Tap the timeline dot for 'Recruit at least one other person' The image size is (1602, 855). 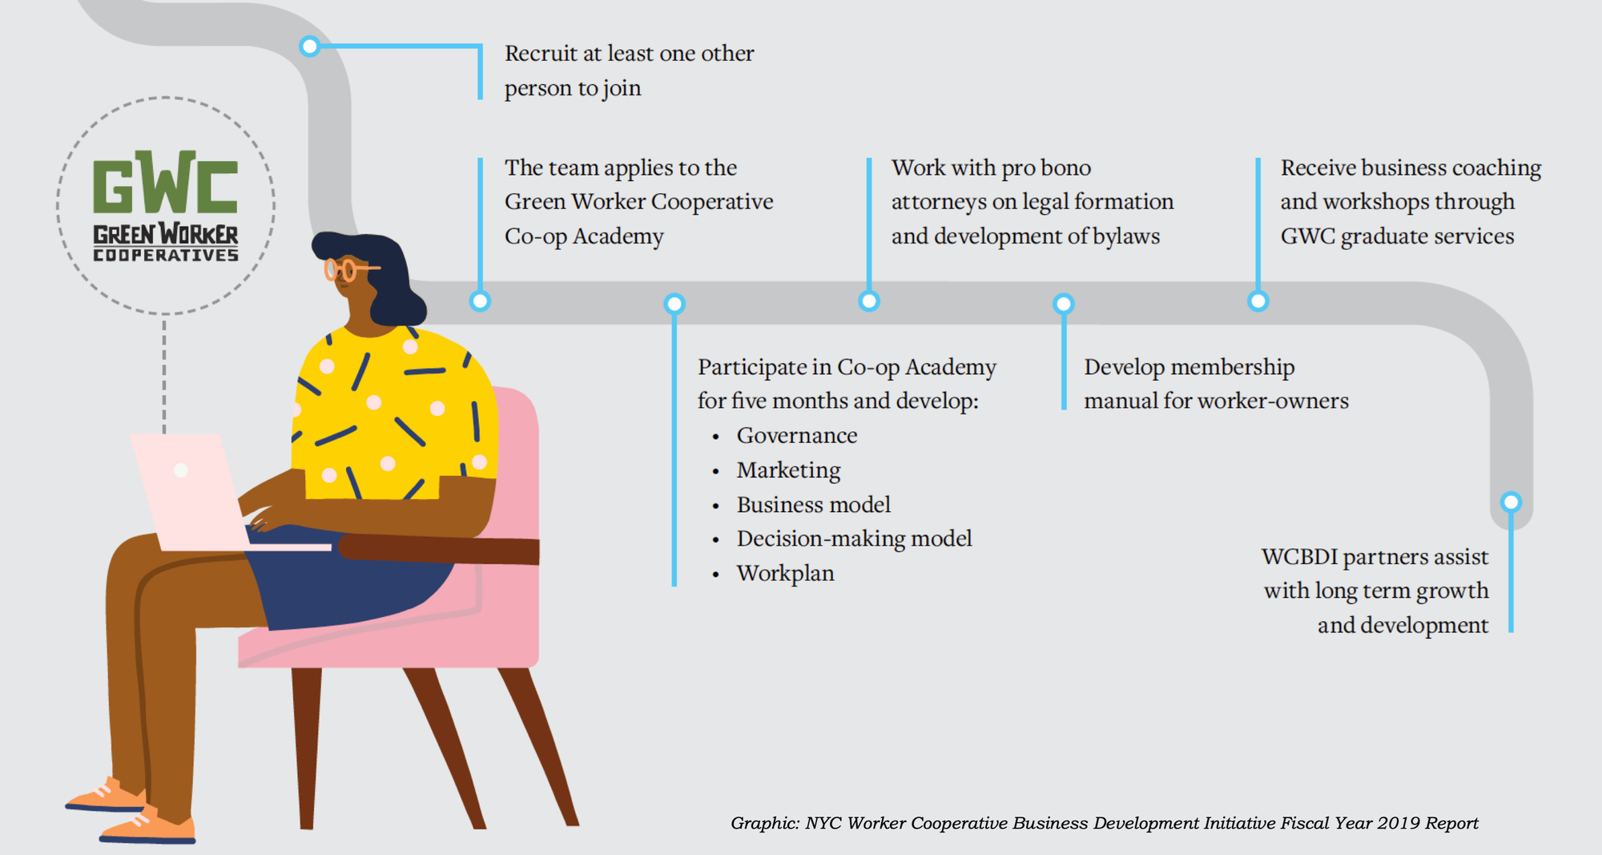click(x=309, y=46)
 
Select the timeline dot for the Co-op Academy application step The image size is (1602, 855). click(x=480, y=301)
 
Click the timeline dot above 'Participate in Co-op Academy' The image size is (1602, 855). click(x=674, y=304)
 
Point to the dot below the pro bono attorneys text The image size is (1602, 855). click(x=869, y=301)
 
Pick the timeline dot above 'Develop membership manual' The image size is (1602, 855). click(x=1064, y=304)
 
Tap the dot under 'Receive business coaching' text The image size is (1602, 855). click(x=1258, y=301)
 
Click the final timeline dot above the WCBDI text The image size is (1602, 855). click(x=1511, y=502)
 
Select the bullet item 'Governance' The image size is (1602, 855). click(x=796, y=435)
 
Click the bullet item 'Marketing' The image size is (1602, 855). click(x=788, y=470)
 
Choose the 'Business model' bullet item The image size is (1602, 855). click(x=813, y=504)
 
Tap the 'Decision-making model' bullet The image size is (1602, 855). click(x=854, y=538)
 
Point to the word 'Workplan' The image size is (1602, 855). click(x=785, y=573)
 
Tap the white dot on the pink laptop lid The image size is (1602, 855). click(x=181, y=470)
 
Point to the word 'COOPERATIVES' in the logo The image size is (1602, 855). click(x=166, y=256)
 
